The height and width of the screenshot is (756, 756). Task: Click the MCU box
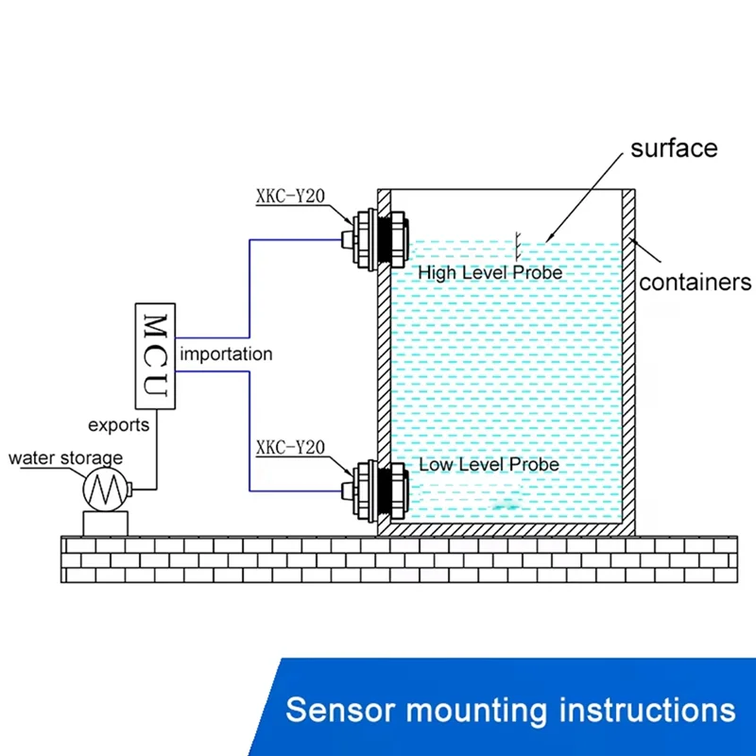(x=156, y=356)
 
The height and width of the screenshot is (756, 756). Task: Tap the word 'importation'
(x=226, y=355)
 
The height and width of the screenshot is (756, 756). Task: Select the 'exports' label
(x=118, y=425)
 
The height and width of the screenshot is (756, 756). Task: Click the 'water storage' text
(x=65, y=459)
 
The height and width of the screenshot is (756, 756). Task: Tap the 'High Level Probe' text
(x=490, y=273)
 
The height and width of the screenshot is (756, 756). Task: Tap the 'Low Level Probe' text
(x=489, y=465)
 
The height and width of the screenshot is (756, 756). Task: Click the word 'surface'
(x=674, y=148)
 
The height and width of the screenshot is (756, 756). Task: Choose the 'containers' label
(x=695, y=282)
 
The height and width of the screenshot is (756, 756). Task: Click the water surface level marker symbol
(x=517, y=244)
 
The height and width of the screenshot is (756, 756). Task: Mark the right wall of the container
(x=628, y=359)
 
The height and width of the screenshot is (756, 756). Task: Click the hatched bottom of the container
(x=506, y=531)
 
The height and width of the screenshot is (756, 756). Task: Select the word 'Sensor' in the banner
(x=330, y=709)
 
